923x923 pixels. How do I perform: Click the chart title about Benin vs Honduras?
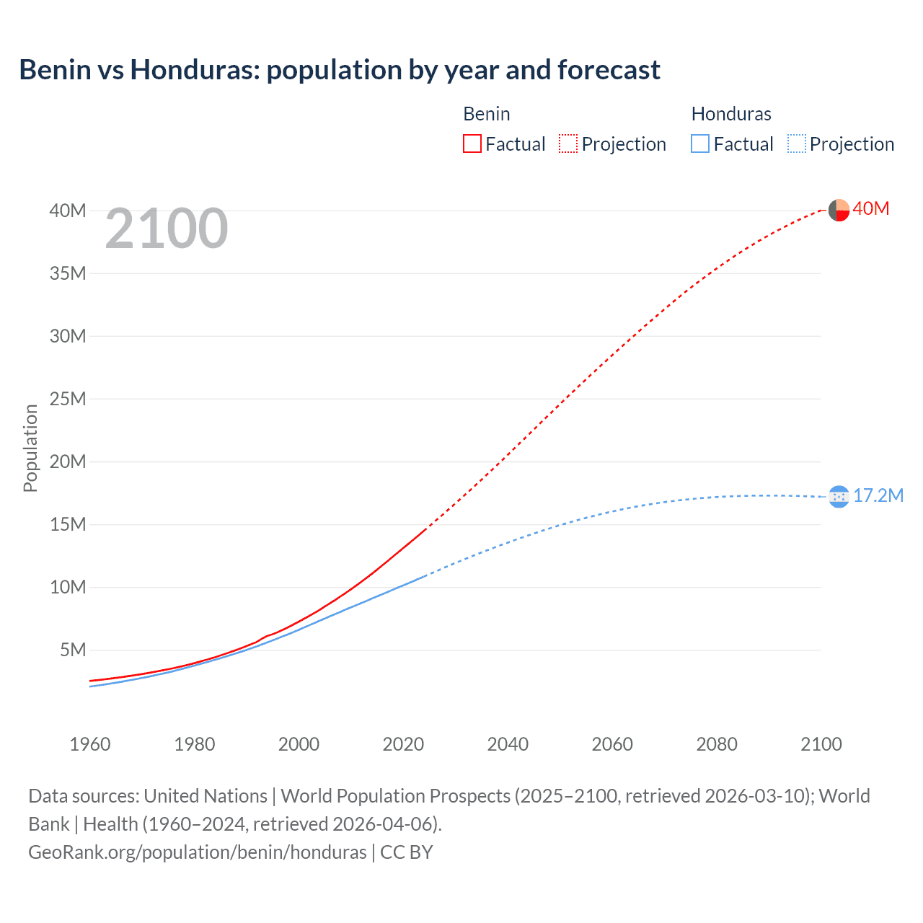340,70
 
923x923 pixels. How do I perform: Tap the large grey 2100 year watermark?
167,229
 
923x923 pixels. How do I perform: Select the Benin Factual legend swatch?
472,143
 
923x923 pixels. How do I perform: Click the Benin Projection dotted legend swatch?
568,143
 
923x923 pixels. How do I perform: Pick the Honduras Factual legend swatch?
700,143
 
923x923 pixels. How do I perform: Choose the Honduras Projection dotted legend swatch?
797,143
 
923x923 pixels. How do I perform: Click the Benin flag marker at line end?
839,210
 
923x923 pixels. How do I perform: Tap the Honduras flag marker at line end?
839,496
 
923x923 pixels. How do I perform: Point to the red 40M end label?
870,209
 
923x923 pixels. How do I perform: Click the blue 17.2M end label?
878,495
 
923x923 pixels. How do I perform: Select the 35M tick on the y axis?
68,273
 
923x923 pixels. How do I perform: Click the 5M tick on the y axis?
73,650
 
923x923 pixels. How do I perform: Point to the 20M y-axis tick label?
68,461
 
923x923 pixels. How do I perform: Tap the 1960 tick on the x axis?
90,744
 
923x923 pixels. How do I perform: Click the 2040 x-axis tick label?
508,744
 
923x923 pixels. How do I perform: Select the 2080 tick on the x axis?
717,744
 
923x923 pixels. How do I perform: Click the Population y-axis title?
30,448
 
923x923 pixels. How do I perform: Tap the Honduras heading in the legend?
731,114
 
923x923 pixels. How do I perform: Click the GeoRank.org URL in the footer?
198,852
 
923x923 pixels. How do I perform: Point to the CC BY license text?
407,852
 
